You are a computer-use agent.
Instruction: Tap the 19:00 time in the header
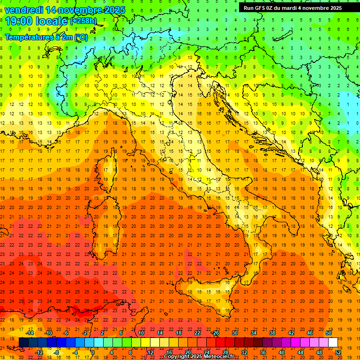pyautogui.click(x=20, y=21)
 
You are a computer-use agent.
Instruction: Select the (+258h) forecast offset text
pyautogui.click(x=83, y=21)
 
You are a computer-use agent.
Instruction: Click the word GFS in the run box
pyautogui.click(x=261, y=8)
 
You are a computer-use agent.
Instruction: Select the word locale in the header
pyautogui.click(x=52, y=21)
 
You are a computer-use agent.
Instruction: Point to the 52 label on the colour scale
pyautogui.click(x=338, y=352)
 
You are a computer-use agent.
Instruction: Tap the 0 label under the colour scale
pyautogui.click(x=92, y=352)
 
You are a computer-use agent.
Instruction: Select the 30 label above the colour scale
pyautogui.click(x=235, y=333)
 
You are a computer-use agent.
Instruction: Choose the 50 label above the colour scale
pyautogui.click(x=329, y=333)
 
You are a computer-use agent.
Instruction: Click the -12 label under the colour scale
pyautogui.click(x=39, y=352)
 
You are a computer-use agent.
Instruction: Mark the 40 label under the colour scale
pyautogui.click(x=282, y=352)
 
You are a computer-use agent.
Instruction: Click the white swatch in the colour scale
pyautogui.click(x=333, y=342)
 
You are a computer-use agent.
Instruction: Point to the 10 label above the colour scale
pyautogui.click(x=141, y=333)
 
